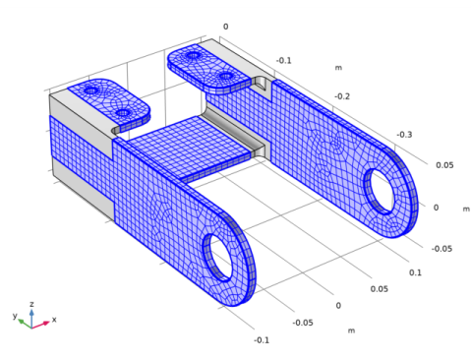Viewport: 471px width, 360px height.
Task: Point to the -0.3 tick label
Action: [404, 135]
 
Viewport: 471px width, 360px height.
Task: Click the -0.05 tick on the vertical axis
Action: [444, 249]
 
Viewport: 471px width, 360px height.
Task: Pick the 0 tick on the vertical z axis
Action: [437, 208]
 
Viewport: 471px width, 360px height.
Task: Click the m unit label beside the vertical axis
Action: [466, 208]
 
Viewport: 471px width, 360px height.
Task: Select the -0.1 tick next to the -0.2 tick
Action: [283, 60]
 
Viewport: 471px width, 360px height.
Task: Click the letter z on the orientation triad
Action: [31, 305]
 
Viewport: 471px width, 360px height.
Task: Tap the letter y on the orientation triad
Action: [15, 317]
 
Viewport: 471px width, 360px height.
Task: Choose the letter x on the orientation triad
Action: [53, 320]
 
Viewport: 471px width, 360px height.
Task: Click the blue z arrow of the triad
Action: [31, 314]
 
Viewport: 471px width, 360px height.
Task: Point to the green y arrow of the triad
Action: [24, 321]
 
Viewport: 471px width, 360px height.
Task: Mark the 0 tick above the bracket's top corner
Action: [225, 27]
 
